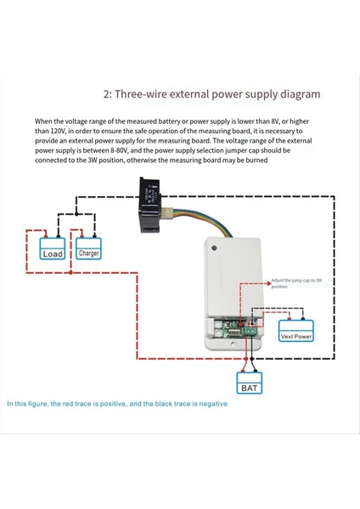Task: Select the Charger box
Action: pos(89,253)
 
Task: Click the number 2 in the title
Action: pos(108,94)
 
